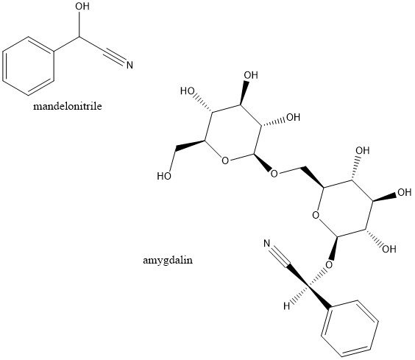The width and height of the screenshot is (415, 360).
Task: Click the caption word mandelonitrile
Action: coord(68,106)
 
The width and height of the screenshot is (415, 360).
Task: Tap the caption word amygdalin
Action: coord(168,261)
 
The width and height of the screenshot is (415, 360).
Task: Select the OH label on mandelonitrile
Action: coord(82,7)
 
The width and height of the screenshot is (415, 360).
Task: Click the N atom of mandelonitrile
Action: coord(130,66)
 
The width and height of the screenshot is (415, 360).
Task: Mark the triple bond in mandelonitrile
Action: coord(114,56)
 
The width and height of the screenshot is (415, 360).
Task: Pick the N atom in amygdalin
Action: coord(267,244)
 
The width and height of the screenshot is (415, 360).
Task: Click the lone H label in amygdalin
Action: coord(287,306)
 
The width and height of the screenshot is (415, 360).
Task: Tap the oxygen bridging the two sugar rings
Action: coord(274,174)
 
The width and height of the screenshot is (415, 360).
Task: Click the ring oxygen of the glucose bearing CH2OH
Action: coord(225,160)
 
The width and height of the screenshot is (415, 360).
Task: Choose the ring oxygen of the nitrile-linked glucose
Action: coord(316,215)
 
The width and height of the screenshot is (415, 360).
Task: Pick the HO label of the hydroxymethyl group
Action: coord(164,176)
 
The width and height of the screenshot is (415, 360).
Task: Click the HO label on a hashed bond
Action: coord(188,91)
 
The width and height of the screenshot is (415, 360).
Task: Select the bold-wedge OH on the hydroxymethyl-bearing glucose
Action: coord(251,75)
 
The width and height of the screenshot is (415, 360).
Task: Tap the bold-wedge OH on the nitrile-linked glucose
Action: coord(405,193)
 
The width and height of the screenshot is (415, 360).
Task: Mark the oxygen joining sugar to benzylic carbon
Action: coord(329,264)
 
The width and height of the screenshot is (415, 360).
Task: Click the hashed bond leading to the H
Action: coord(299,294)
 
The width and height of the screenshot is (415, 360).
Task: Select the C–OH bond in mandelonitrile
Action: coord(79,24)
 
